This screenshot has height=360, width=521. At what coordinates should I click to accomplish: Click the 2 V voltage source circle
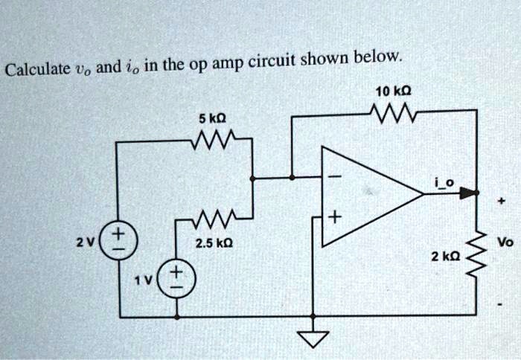[119, 240]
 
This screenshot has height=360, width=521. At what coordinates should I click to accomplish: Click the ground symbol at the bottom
[313, 338]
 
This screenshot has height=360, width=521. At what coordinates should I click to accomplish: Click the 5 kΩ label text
[212, 118]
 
